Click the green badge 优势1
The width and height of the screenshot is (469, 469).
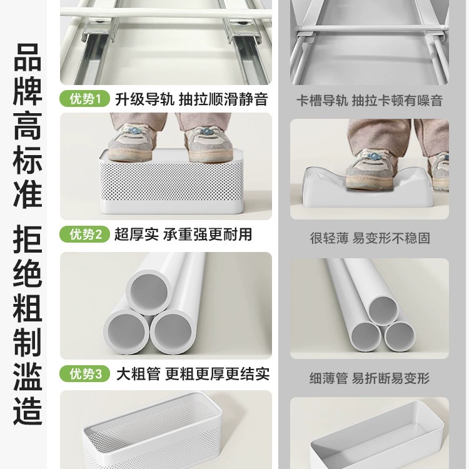84,98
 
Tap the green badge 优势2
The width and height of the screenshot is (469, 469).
84,234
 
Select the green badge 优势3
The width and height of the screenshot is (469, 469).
84,373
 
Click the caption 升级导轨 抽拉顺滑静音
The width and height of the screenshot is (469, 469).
191,99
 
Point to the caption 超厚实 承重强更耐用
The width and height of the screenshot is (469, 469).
183,234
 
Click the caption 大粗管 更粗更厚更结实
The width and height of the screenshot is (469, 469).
193,374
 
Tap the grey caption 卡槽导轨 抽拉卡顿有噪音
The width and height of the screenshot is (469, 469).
370,101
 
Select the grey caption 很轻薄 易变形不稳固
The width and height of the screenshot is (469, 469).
370,238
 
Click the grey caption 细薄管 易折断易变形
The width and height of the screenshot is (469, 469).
370,378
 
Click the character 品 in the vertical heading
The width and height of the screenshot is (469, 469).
28,57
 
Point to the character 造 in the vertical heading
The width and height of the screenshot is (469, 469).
28,410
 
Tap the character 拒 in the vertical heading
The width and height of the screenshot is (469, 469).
28,239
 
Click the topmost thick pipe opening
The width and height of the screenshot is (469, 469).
149,292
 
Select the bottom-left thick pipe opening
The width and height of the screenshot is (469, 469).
126,333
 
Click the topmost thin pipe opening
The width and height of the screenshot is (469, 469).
383,310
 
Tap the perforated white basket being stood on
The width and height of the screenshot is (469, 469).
171,183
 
